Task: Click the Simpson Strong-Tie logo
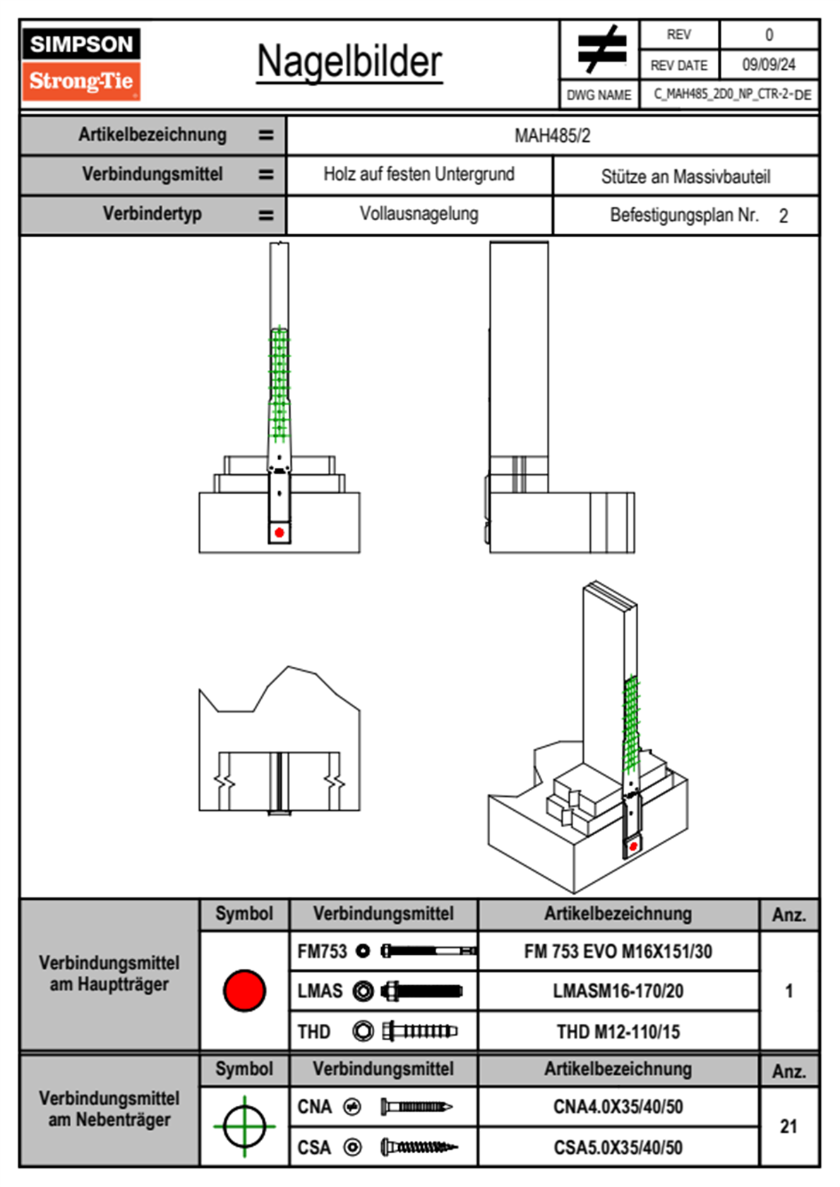[x=80, y=64]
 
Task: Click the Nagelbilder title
[x=349, y=62]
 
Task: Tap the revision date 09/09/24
[x=768, y=65]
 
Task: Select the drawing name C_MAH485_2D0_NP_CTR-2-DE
[x=731, y=95]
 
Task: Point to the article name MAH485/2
[x=552, y=135]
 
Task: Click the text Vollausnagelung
[x=419, y=214]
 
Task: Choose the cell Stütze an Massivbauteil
[x=685, y=176]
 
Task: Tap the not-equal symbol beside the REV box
[x=601, y=49]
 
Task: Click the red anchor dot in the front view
[x=280, y=532]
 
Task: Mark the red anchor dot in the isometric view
[x=633, y=845]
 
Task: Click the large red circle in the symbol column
[x=244, y=990]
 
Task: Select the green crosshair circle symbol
[x=244, y=1126]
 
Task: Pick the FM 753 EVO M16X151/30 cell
[x=618, y=951]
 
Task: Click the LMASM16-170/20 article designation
[x=618, y=991]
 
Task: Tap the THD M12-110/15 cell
[x=618, y=1032]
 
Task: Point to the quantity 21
[x=788, y=1126]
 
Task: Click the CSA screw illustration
[x=419, y=1147]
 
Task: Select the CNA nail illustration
[x=416, y=1107]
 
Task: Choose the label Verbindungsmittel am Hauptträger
[x=109, y=973]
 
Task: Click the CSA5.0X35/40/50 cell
[x=618, y=1147]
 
